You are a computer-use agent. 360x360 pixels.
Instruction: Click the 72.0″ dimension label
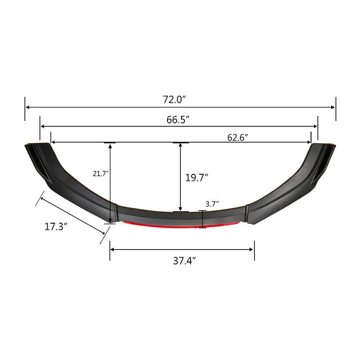[174, 99]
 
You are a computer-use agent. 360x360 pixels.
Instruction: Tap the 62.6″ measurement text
[238, 138]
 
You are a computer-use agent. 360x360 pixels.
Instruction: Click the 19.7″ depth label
[196, 178]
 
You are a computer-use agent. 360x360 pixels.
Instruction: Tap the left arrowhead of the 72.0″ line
[27, 108]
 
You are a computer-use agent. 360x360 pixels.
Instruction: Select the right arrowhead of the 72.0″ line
[333, 108]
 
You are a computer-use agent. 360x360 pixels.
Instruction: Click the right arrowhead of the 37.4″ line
[252, 249]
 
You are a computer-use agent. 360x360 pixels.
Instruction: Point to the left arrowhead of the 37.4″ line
[112, 249]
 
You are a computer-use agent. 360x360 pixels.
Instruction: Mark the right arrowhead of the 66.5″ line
[315, 126]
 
